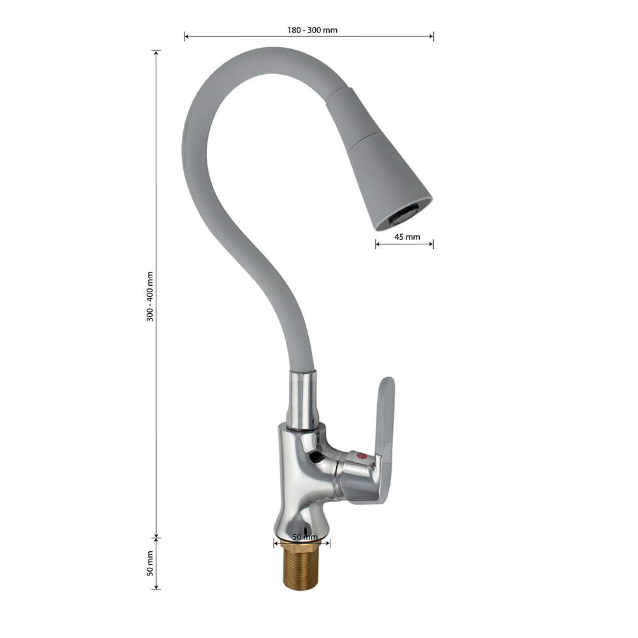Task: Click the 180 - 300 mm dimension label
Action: click(312, 30)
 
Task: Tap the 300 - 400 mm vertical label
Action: click(150, 297)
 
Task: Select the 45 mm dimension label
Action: click(407, 237)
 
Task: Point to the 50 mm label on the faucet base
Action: click(305, 537)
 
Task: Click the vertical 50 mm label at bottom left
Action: click(150, 563)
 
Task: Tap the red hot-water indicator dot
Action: click(360, 456)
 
